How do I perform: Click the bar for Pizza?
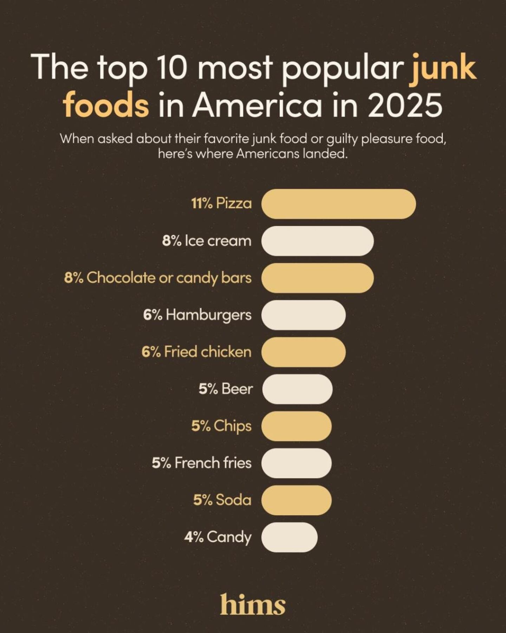pos(338,204)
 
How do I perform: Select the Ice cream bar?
pos(317,241)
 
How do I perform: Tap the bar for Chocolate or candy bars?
pos(317,278)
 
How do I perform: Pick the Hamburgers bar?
pos(303,315)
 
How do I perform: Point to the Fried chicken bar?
pos(303,352)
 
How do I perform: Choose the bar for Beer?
pos(297,389)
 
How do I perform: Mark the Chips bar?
pos(296,426)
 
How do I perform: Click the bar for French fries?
pos(296,463)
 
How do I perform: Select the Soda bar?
pos(296,500)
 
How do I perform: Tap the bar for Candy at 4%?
pos(289,537)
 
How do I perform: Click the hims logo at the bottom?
pos(253,605)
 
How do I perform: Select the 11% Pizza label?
pos(221,204)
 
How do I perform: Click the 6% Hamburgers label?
pos(197,315)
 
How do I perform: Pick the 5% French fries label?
pos(202,463)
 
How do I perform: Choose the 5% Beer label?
pos(226,389)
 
